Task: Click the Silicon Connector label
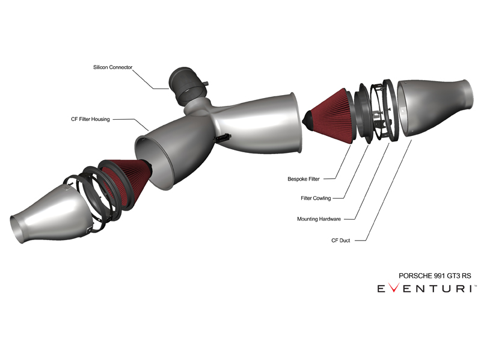tap(112, 67)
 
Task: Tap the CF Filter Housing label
tap(90, 119)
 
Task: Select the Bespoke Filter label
tap(304, 179)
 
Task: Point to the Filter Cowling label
tap(316, 199)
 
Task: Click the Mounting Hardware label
tap(319, 219)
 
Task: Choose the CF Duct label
tap(340, 240)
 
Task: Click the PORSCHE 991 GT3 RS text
tap(435, 276)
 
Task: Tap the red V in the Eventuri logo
tap(393, 288)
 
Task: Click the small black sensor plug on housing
tap(223, 137)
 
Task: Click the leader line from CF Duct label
tap(388, 190)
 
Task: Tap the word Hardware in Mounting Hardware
tap(329, 219)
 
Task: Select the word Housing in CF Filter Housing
tap(100, 119)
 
